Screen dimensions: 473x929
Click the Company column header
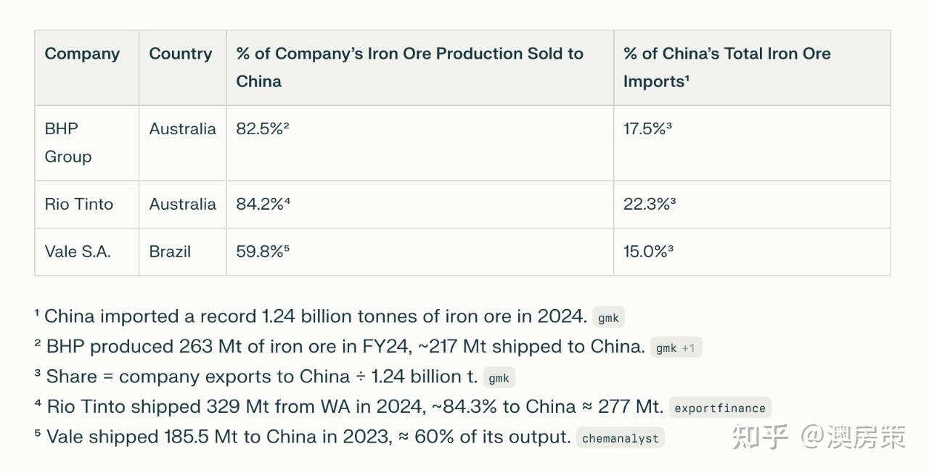[x=82, y=54]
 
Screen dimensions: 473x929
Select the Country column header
[x=181, y=54]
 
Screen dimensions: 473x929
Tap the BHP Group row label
[x=67, y=142]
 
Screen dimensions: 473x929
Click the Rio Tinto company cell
[x=78, y=204]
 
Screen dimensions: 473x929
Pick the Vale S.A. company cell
[x=77, y=252]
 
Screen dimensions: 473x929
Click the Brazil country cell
[x=170, y=252]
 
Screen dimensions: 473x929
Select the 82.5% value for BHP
[x=263, y=129]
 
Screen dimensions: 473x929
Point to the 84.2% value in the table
[x=263, y=204]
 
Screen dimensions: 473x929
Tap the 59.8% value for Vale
[x=263, y=252]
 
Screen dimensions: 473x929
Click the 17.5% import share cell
[x=647, y=129]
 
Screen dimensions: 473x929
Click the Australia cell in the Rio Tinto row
[x=182, y=204]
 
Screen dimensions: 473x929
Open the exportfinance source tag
[x=719, y=408]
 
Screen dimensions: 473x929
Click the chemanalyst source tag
[x=620, y=438]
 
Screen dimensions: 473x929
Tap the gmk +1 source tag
[x=675, y=348]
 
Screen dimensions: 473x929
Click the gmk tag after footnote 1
[x=608, y=318]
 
